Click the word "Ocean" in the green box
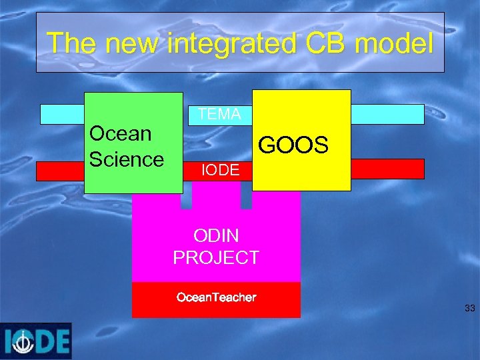click(x=121, y=133)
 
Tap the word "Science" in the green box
click(x=126, y=159)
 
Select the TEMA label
click(x=219, y=115)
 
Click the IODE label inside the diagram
click(x=220, y=171)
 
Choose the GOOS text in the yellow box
click(x=293, y=145)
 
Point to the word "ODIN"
click(x=216, y=235)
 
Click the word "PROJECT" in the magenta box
click(x=216, y=257)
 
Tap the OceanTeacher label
click(x=216, y=297)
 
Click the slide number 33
click(x=469, y=308)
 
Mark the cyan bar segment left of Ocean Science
click(x=61, y=115)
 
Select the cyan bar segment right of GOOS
click(x=387, y=115)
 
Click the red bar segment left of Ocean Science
click(x=60, y=171)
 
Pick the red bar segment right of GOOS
click(x=387, y=169)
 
